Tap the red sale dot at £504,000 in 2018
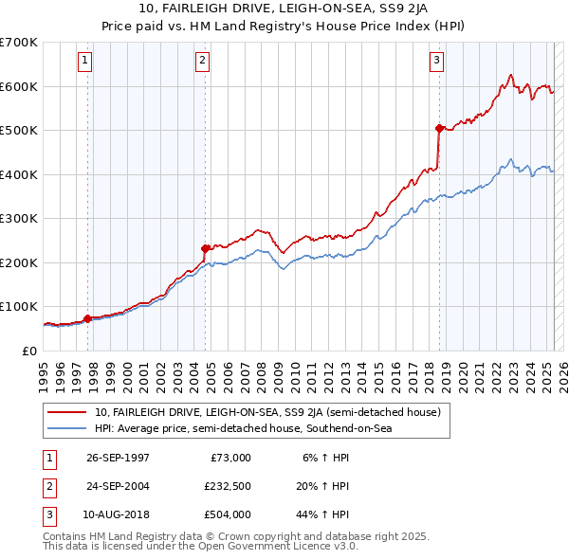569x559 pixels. tap(439, 128)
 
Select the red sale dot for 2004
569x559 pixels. tap(206, 248)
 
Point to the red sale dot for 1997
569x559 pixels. tap(88, 318)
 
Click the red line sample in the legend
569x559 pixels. tap(66, 412)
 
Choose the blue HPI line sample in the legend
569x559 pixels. tap(66, 428)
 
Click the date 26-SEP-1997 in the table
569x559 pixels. tap(118, 458)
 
